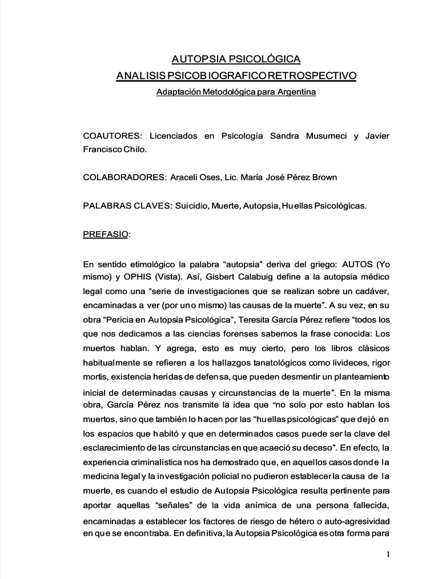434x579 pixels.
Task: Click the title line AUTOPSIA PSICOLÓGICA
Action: coord(236,59)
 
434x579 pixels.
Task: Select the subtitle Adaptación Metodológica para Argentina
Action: coord(236,92)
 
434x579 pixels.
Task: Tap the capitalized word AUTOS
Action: coord(353,264)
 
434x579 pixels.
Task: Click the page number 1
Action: coord(389,555)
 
